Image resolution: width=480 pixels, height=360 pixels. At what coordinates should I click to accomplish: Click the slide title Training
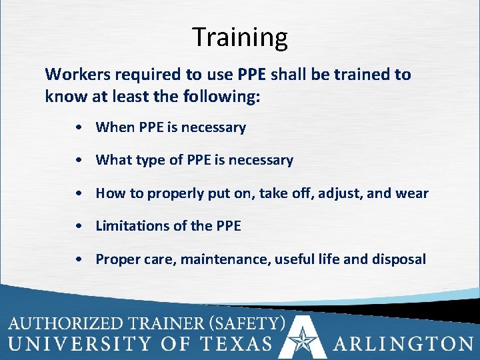tap(240, 37)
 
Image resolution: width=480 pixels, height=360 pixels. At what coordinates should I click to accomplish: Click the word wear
tap(413, 193)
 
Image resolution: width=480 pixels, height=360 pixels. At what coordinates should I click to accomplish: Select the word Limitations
tap(133, 226)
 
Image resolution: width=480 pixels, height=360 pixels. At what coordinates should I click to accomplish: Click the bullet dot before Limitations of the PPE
tap(79, 227)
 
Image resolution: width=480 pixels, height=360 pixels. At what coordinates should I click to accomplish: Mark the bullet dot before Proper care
tap(79, 259)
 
